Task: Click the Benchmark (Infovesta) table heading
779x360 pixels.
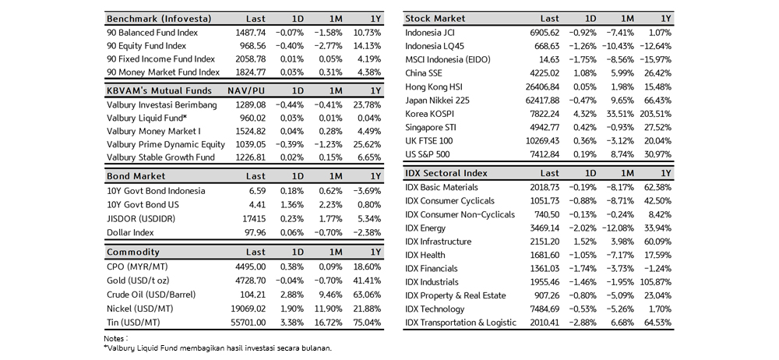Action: [159, 19]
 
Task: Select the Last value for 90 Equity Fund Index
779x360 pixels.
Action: [251, 46]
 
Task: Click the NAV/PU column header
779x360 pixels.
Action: [246, 90]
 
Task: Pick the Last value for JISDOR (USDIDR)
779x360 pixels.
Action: [253, 219]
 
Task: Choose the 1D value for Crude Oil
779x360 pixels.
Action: [291, 295]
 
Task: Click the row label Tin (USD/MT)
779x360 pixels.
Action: [134, 323]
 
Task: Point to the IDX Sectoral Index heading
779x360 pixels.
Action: [446, 174]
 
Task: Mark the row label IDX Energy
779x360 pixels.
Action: [425, 228]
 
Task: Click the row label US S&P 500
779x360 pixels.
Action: [427, 154]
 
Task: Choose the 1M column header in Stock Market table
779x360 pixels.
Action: [627, 19]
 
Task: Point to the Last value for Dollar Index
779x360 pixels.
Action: [255, 233]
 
